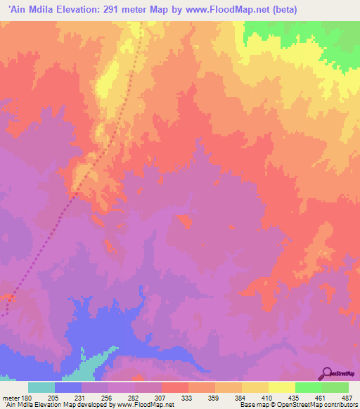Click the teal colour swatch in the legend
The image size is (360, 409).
(x=41, y=387)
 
